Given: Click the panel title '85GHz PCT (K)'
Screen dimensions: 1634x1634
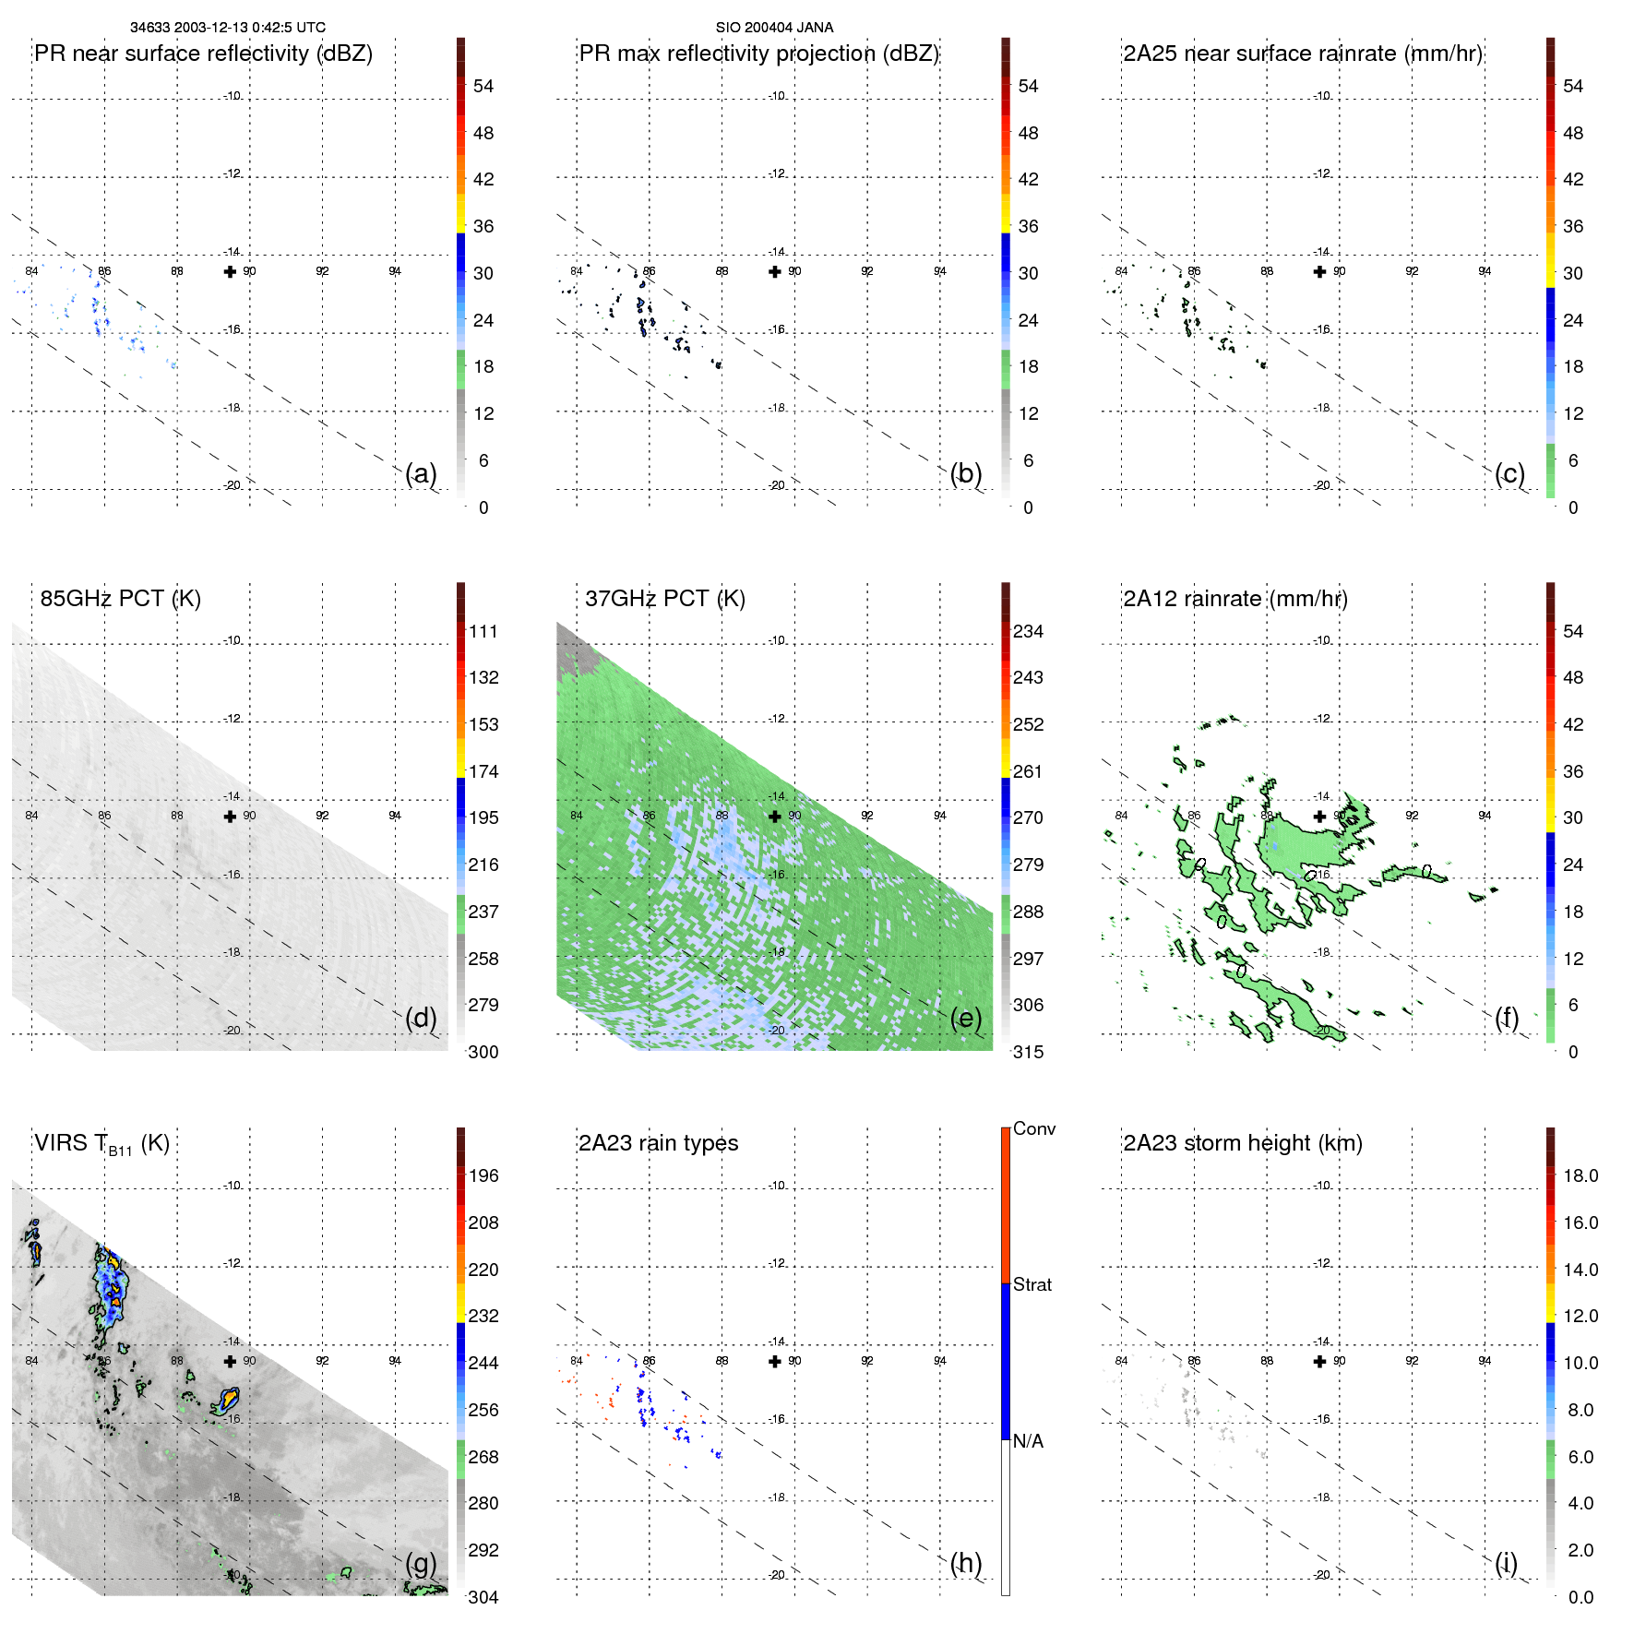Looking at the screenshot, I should click(120, 599).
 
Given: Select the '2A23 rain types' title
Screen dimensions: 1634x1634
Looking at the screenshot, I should click(658, 1143).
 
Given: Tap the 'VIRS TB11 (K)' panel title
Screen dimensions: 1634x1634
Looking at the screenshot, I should click(101, 1144).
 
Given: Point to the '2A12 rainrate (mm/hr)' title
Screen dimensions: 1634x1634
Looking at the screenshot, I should click(1234, 599).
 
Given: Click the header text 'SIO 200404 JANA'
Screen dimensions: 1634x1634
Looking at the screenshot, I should click(774, 28).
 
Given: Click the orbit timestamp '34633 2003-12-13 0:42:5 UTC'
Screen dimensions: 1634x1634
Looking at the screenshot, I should click(228, 28).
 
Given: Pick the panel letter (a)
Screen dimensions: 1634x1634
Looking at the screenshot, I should click(421, 473).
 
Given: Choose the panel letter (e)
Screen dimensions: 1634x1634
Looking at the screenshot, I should click(965, 1018).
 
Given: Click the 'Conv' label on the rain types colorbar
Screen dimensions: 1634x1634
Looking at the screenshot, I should click(1033, 1128).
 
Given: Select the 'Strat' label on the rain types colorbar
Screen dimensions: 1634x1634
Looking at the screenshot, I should click(1032, 1284).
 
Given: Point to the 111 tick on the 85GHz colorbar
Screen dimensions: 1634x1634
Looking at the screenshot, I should click(483, 631).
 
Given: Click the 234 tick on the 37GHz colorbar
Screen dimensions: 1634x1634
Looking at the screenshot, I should click(1028, 631).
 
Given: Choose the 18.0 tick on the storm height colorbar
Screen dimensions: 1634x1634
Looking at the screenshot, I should click(1580, 1175).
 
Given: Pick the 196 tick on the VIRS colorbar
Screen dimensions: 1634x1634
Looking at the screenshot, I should click(483, 1175).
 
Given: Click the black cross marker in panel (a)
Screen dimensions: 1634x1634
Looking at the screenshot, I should click(230, 271).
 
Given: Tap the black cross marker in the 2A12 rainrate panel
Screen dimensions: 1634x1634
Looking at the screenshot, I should click(1319, 816).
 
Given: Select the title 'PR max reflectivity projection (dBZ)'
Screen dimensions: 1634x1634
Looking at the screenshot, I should click(758, 54).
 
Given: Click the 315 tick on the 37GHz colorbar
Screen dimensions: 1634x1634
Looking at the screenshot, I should click(1028, 1052).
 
